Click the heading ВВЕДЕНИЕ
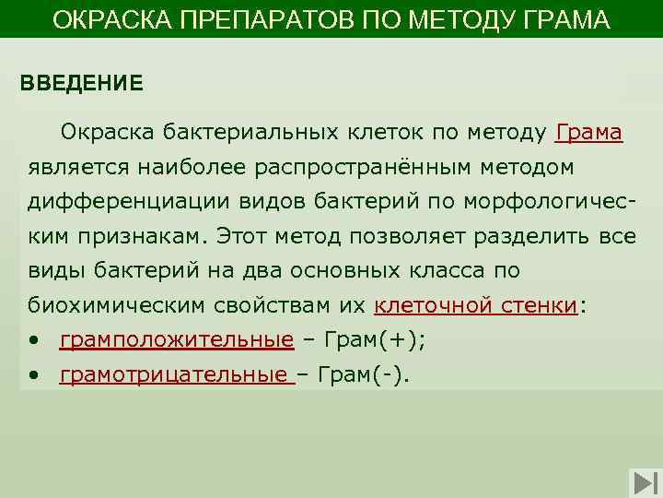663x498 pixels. tap(82, 83)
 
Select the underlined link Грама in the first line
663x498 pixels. tap(589, 133)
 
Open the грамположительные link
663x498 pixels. tap(176, 341)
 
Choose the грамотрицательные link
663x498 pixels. tap(176, 375)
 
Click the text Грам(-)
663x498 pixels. tap(367, 375)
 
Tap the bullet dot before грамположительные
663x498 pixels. tap(33, 341)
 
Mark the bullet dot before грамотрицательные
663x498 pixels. tap(33, 375)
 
